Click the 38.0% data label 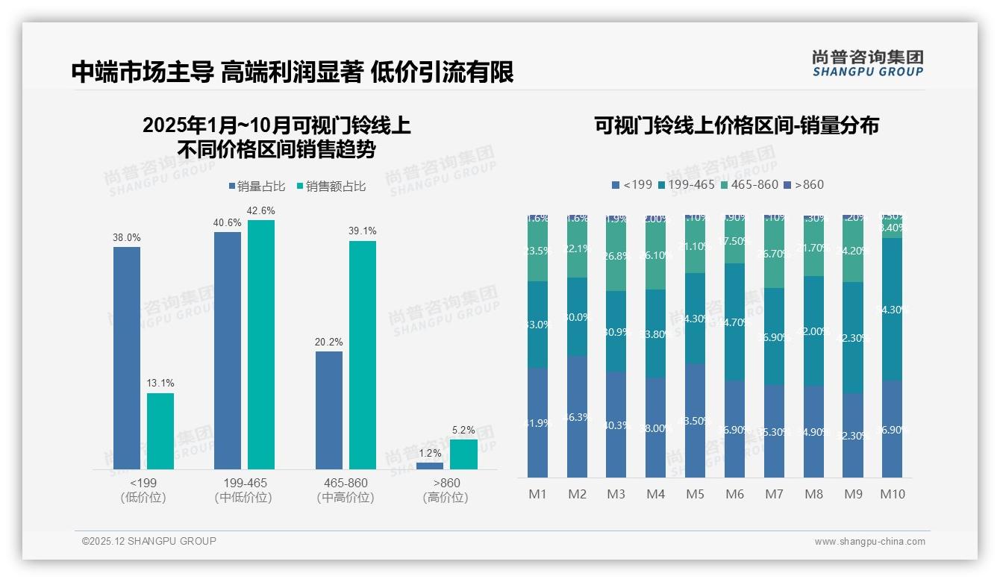[x=127, y=237]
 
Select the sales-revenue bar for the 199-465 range [x=261, y=344]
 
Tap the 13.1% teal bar [x=160, y=431]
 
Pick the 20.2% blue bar [x=328, y=410]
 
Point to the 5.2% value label [x=463, y=430]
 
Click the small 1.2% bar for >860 [x=430, y=466]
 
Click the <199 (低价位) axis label [x=143, y=490]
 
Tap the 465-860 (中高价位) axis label [x=346, y=490]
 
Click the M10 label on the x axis [x=892, y=494]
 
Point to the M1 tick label [x=537, y=494]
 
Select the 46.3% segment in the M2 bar [x=577, y=417]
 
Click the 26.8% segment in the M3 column [x=616, y=256]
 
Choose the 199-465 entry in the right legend [x=685, y=184]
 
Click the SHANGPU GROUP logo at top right [x=867, y=63]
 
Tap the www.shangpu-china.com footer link [x=869, y=542]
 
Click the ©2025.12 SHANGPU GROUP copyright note [x=149, y=541]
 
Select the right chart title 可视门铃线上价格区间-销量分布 [x=736, y=125]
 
